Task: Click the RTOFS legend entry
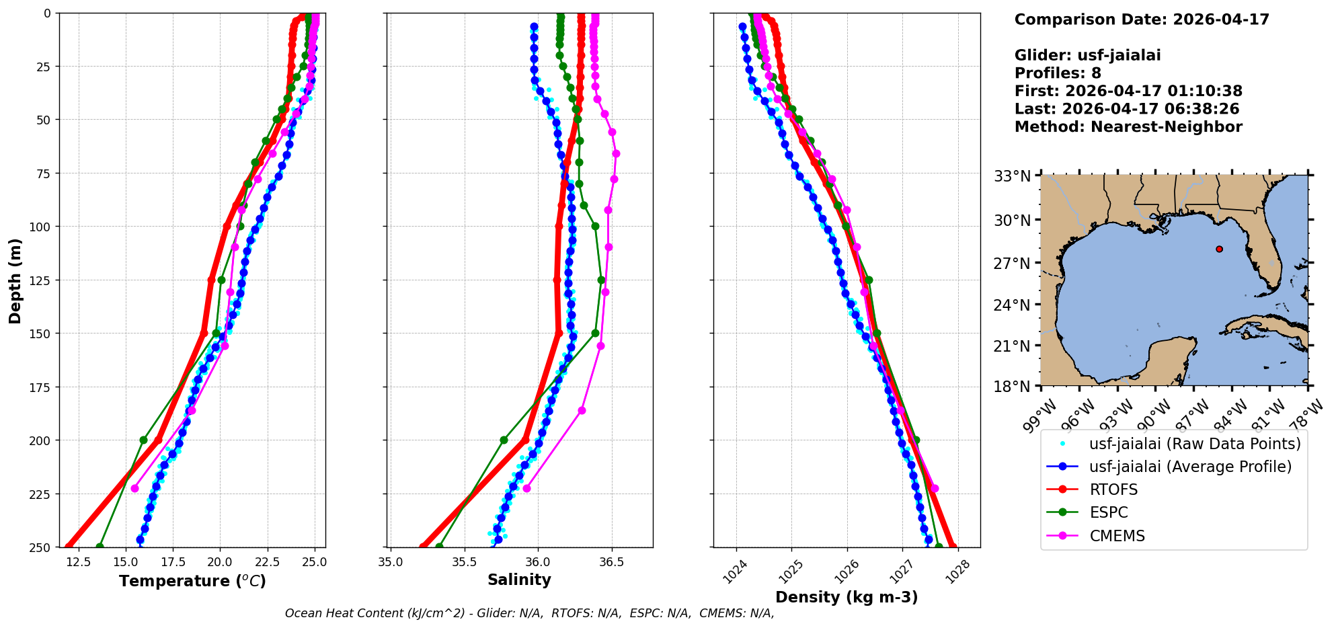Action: (x=1113, y=489)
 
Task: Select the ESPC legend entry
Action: (x=1108, y=512)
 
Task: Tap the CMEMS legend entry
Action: (x=1117, y=536)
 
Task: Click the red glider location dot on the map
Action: (x=1219, y=249)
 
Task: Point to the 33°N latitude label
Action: (x=1012, y=176)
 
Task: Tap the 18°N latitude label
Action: (x=1012, y=387)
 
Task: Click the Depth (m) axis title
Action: (x=15, y=280)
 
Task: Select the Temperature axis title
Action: (x=192, y=581)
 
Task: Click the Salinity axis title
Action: (x=519, y=580)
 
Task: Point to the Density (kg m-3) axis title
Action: (x=847, y=597)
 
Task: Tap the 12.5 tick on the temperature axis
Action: (x=79, y=562)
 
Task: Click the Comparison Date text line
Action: (x=1142, y=19)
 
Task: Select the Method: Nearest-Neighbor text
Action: (x=1128, y=126)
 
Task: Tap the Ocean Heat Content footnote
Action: (x=529, y=613)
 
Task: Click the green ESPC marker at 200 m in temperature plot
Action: (x=143, y=440)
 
